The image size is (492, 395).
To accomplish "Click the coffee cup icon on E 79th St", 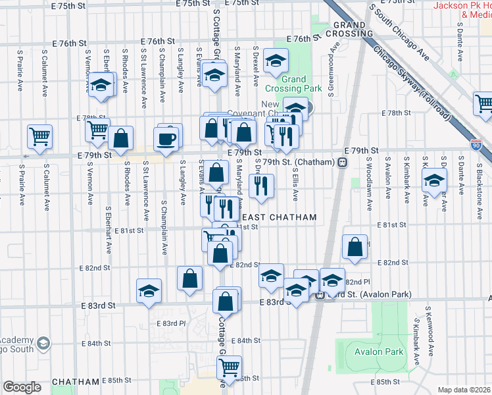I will pyautogui.click(x=165, y=139).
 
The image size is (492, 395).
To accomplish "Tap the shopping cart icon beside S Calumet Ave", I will pyautogui.click(x=39, y=136).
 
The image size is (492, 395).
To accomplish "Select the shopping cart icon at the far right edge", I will pyautogui.click(x=484, y=103).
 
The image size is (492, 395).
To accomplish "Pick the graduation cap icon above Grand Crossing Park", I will pyautogui.click(x=276, y=61).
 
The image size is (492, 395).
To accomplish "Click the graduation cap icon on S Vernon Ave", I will pyautogui.click(x=101, y=85).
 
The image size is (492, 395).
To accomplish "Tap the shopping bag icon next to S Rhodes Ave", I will pyautogui.click(x=121, y=139).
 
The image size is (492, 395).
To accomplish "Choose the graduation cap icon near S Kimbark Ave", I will pyautogui.click(x=434, y=180).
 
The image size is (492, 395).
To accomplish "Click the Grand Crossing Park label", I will pyautogui.click(x=293, y=84).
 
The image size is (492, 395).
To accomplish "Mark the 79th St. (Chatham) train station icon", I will pyautogui.click(x=342, y=162).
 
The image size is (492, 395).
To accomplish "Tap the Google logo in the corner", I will pyautogui.click(x=22, y=387).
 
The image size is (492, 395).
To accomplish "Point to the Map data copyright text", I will pyautogui.click(x=464, y=390).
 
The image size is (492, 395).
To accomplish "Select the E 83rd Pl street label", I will pyautogui.click(x=171, y=323).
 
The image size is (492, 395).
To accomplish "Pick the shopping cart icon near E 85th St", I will pyautogui.click(x=229, y=366).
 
